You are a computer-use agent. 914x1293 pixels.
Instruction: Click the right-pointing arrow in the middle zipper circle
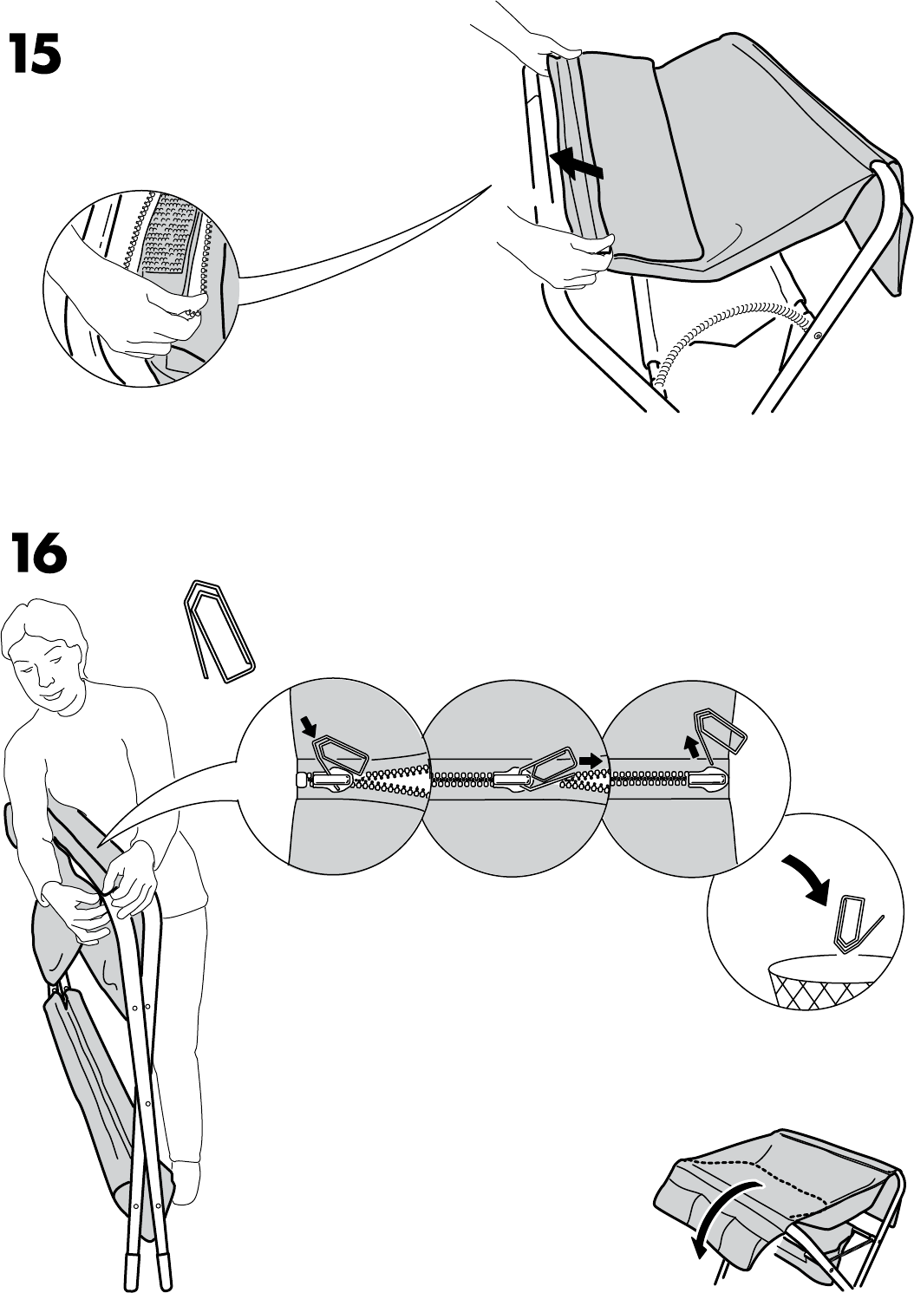pyautogui.click(x=591, y=760)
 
